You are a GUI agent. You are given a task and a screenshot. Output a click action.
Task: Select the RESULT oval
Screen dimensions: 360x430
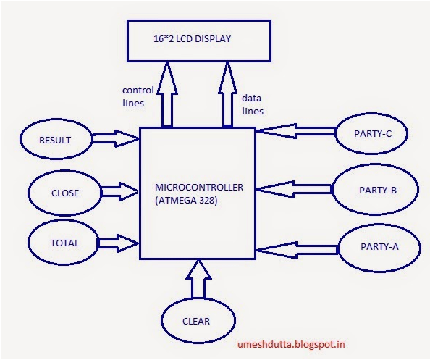56,139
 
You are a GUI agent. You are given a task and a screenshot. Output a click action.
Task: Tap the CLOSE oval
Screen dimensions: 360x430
65,193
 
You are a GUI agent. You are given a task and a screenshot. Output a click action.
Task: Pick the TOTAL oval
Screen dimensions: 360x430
64,243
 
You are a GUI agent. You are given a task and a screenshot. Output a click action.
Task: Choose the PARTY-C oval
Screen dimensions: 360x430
374,133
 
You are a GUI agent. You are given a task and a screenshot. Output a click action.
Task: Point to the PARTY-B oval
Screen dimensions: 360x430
376,190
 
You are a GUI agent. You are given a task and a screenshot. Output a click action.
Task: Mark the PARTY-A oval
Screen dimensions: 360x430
379,246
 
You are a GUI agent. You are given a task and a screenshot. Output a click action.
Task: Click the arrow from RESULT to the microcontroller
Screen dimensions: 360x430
116,135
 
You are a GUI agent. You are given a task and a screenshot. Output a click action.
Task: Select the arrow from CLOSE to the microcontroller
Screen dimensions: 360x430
119,191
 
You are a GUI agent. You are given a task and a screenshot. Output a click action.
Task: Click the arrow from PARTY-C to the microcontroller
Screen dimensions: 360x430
295,131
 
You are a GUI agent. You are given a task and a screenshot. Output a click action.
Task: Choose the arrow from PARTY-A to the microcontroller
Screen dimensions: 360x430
297,251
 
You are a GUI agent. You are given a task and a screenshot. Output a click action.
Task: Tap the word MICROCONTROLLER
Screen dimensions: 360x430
199,187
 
